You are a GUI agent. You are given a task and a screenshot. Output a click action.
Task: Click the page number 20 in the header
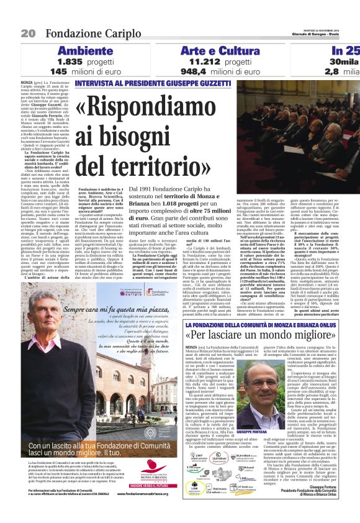27,33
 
